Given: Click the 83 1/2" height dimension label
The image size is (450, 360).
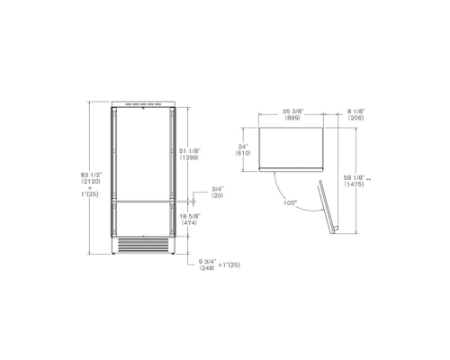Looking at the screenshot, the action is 92,175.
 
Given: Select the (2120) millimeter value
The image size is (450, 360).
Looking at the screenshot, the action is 91,181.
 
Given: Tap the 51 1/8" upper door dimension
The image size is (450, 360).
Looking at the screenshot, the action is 190,151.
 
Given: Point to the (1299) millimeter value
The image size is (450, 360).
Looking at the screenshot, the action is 189,157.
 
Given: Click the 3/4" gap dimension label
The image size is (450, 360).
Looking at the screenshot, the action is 218,189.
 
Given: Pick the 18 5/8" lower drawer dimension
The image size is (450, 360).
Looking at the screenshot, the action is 190,216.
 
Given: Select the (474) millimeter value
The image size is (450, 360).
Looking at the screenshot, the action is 189,222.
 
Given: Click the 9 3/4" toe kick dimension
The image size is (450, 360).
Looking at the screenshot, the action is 207,262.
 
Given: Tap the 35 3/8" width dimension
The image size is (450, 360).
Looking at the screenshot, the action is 292,112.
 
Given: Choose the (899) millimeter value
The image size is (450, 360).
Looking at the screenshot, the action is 292,118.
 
